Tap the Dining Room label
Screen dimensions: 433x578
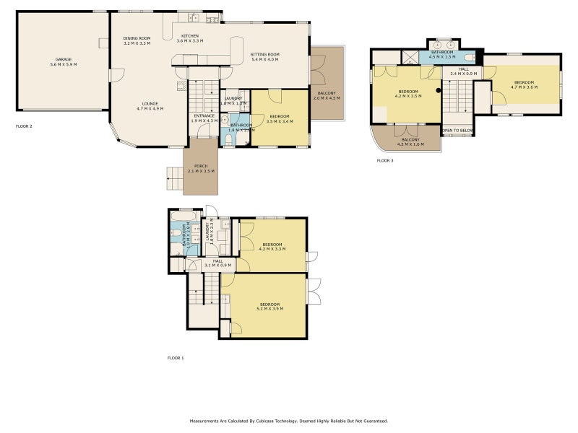click(137, 40)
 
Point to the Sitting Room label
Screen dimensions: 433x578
click(265, 57)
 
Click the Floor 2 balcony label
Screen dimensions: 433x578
click(327, 96)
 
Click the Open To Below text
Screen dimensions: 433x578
click(457, 131)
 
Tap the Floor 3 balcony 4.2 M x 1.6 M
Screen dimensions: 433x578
click(410, 141)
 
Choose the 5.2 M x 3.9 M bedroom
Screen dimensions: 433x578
click(269, 306)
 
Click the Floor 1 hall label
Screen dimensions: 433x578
click(217, 263)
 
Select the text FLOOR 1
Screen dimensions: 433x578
click(176, 358)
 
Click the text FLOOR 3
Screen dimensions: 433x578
click(385, 160)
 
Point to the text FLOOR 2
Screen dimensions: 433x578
click(24, 126)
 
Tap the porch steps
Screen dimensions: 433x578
click(174, 178)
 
